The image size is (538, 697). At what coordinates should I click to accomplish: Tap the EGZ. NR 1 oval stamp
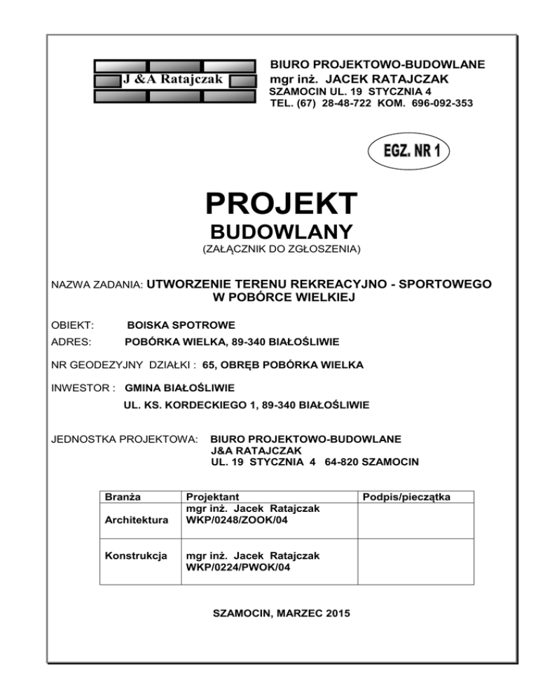(x=408, y=151)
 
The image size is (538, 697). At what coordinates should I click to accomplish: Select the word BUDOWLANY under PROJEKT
(x=281, y=232)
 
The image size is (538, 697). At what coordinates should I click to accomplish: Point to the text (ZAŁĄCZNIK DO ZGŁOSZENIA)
(x=281, y=249)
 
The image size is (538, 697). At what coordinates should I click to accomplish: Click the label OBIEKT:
(x=74, y=325)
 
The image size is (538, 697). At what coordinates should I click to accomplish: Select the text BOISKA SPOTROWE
(x=181, y=325)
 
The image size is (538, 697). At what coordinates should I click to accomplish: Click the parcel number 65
(x=208, y=365)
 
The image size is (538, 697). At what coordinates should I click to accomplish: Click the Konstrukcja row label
(x=136, y=555)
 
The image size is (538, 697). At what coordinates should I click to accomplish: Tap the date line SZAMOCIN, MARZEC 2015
(x=280, y=614)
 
